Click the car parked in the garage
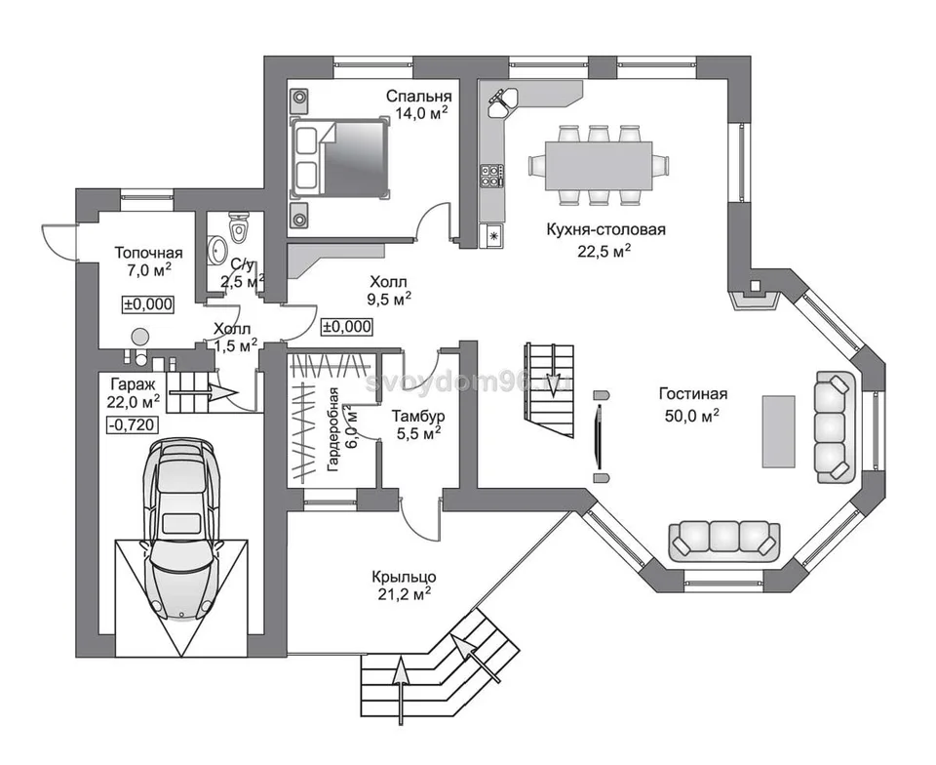(x=181, y=529)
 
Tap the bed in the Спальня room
(x=339, y=157)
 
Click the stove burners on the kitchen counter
(x=491, y=174)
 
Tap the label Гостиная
(x=693, y=394)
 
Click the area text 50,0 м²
(x=692, y=415)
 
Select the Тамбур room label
(x=418, y=416)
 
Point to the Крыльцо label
(x=404, y=577)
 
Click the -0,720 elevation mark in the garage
(x=132, y=425)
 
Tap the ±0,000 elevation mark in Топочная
(x=148, y=304)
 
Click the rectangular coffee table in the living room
(x=778, y=431)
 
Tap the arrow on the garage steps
(x=204, y=392)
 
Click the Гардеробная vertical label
(x=342, y=429)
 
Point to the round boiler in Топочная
(x=139, y=338)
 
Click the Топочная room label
(x=148, y=253)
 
